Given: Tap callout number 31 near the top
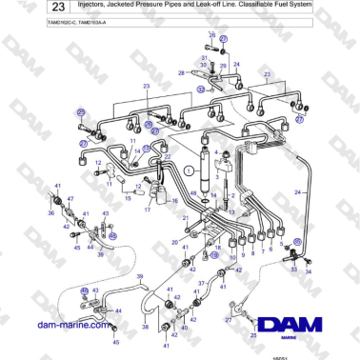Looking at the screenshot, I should [204, 57].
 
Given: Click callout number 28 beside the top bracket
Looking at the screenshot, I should [182, 71].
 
